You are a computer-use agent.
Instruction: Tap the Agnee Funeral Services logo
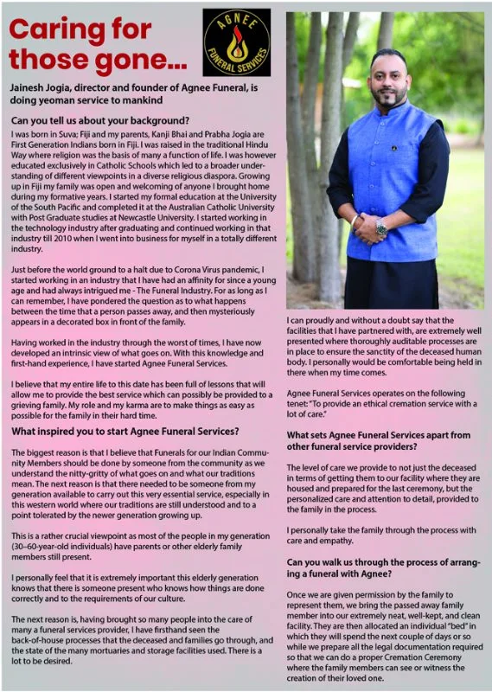tap(235, 41)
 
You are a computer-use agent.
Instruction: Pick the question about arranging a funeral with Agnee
tap(383, 567)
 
